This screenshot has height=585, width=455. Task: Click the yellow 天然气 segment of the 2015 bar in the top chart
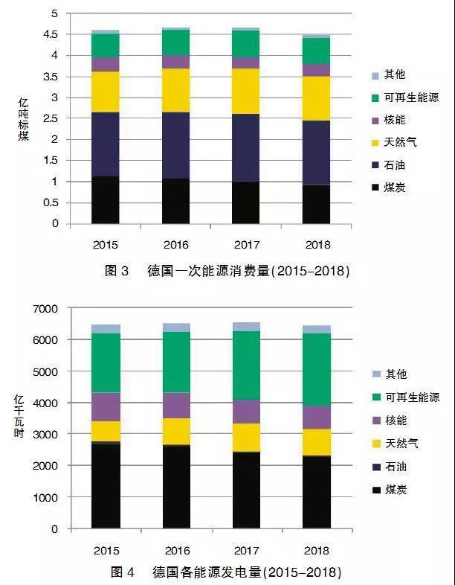[x=106, y=92]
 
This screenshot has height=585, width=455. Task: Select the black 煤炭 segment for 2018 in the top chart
[x=316, y=204]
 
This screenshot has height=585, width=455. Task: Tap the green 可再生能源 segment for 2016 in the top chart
[x=175, y=42]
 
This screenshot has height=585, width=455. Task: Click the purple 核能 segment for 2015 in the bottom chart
[x=106, y=406]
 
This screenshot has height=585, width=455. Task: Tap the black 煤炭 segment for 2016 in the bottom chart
[x=175, y=487]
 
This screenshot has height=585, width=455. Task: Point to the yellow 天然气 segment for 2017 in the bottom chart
[x=245, y=437]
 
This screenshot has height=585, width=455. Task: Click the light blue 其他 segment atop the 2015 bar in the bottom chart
[x=106, y=328]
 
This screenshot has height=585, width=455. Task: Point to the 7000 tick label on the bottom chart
[x=46, y=308]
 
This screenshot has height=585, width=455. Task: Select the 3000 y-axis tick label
[x=46, y=434]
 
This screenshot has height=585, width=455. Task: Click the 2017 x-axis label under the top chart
[x=245, y=244]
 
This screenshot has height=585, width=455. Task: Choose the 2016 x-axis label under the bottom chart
[x=175, y=550]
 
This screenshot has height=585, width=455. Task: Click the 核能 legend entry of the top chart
[x=394, y=120]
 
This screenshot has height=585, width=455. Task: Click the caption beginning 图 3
[x=226, y=271]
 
